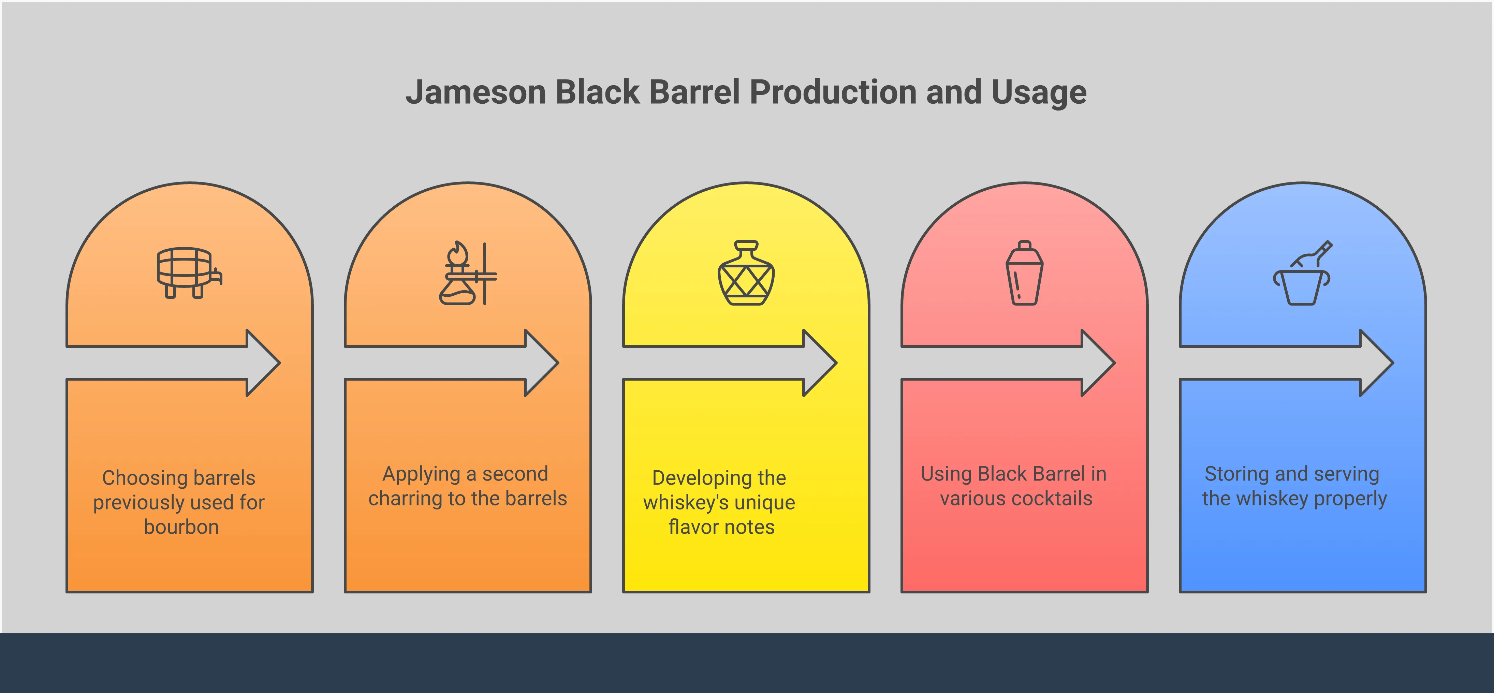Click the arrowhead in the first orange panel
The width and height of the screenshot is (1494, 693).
[x=264, y=363]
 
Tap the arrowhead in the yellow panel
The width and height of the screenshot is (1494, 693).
[x=820, y=363]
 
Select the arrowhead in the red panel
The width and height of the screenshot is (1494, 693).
[x=1098, y=363]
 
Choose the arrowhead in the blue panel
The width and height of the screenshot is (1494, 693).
[x=1377, y=363]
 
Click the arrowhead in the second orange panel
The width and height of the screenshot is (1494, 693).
[x=542, y=363]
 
